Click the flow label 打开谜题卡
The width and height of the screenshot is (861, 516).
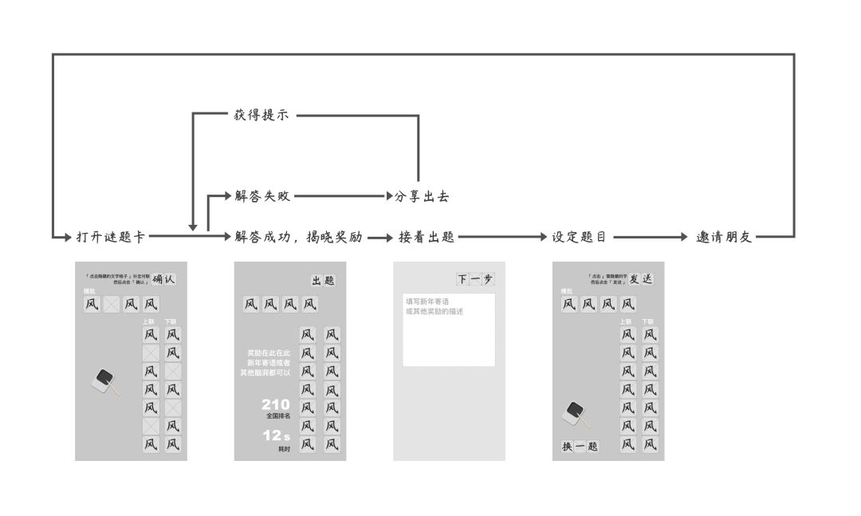pyautogui.click(x=111, y=237)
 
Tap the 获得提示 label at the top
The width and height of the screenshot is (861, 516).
pyautogui.click(x=261, y=116)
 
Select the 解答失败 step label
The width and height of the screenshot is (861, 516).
pyautogui.click(x=262, y=195)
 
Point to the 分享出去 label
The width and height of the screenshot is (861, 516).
pyautogui.click(x=423, y=195)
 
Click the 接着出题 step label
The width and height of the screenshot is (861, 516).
pyautogui.click(x=427, y=237)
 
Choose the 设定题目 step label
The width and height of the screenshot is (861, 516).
pyautogui.click(x=580, y=237)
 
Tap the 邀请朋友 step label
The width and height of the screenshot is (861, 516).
pyautogui.click(x=724, y=237)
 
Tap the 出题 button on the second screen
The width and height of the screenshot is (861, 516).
pyautogui.click(x=323, y=281)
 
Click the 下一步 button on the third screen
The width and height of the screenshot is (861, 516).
pyautogui.click(x=475, y=279)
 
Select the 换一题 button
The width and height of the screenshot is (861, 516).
pyautogui.click(x=580, y=447)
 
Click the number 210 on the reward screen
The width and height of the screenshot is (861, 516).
pyautogui.click(x=275, y=405)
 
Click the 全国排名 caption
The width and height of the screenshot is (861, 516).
pyautogui.click(x=278, y=416)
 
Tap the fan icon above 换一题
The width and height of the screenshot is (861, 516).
pyautogui.click(x=576, y=414)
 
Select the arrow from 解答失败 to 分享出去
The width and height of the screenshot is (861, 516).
pyautogui.click(x=340, y=195)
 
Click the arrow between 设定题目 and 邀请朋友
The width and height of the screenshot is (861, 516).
pyautogui.click(x=650, y=237)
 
